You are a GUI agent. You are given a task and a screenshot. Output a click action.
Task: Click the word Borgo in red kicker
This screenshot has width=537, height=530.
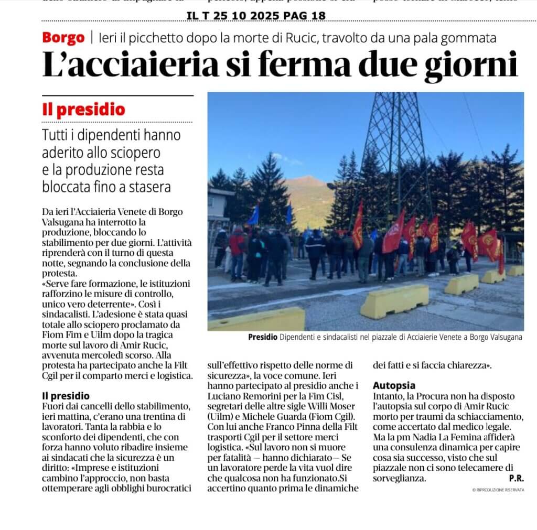(x=63, y=38)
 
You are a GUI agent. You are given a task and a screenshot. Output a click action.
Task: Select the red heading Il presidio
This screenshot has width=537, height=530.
(x=84, y=110)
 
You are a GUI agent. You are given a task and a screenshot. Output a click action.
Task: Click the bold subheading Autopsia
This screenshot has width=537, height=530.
(x=394, y=385)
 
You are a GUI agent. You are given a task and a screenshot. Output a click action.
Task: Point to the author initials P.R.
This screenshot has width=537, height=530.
(x=516, y=478)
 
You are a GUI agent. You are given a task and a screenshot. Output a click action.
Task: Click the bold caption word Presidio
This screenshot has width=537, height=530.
(x=263, y=338)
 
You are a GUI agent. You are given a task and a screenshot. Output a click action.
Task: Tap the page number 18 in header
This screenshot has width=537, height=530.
(x=318, y=16)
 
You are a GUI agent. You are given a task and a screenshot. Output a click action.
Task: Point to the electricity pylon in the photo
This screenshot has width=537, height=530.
(x=397, y=152)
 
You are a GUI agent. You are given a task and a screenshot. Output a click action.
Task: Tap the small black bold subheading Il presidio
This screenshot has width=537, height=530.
(x=66, y=396)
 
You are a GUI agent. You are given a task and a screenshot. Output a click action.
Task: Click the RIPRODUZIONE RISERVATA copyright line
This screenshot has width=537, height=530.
(x=498, y=490)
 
